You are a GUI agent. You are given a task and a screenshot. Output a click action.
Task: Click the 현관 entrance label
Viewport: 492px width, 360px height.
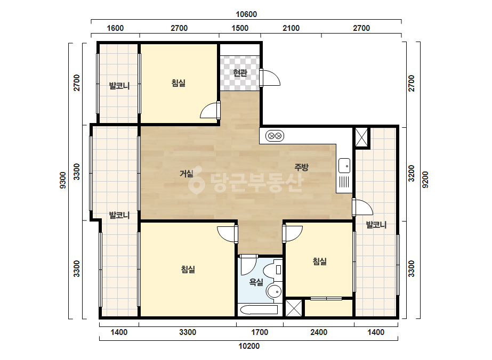[240, 73]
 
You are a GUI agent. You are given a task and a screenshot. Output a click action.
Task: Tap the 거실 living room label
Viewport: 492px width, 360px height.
[187, 173]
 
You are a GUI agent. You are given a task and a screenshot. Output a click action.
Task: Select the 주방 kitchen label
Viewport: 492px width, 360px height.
[301, 167]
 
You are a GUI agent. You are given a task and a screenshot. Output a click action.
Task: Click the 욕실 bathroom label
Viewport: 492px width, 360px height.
[256, 282]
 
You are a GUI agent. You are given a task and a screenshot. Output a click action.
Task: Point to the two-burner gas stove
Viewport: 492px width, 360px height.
[275, 136]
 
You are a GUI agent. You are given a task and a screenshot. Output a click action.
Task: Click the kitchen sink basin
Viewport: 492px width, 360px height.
[344, 166]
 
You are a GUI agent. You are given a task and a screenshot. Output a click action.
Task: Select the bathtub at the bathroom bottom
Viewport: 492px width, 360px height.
[258, 310]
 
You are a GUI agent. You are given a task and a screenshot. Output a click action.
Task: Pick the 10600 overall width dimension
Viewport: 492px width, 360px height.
[246, 14]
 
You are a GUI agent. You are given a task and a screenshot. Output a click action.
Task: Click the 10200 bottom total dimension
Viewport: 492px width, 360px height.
[249, 346]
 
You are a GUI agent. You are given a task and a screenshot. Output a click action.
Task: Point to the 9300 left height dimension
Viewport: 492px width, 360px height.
[63, 181]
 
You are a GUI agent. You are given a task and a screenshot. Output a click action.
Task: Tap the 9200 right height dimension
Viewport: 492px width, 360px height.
[425, 179]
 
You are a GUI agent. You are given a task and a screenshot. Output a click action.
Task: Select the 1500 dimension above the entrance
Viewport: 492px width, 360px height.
[240, 28]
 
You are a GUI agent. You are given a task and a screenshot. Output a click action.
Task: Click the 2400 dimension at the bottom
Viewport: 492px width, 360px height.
[319, 332]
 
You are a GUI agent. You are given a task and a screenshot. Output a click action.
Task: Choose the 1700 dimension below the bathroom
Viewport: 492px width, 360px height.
[260, 332]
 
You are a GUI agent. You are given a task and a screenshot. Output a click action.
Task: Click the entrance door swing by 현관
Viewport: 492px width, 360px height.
[270, 77]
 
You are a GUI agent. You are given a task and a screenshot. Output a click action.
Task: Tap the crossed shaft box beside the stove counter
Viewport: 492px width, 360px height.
[361, 137]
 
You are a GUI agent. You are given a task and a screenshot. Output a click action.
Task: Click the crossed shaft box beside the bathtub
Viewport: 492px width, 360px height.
[294, 308]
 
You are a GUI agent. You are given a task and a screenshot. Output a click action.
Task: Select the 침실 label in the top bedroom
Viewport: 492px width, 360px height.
[178, 83]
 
